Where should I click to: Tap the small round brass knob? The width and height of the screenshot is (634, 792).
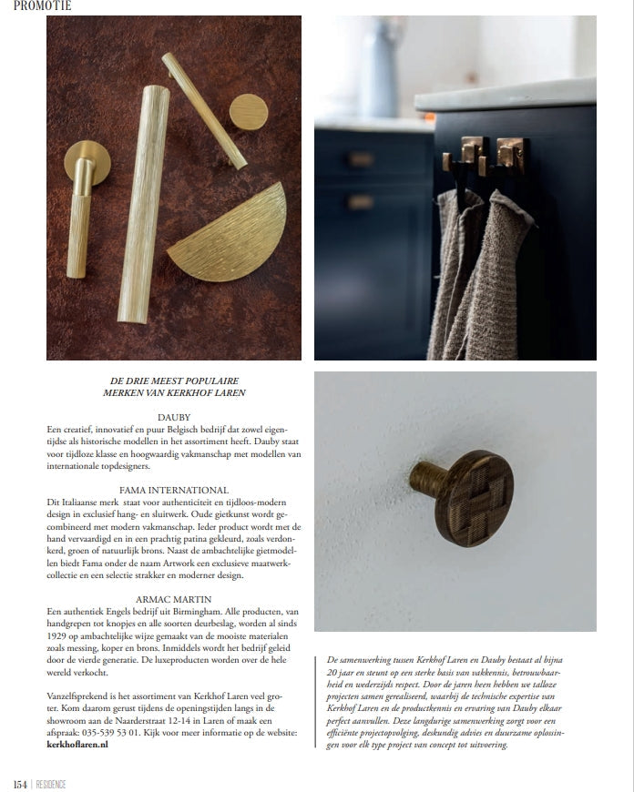[248, 113]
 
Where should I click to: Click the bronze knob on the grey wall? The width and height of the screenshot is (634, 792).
[462, 495]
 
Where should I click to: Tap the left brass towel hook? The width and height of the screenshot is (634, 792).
[471, 155]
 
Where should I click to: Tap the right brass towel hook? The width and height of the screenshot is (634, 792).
[508, 155]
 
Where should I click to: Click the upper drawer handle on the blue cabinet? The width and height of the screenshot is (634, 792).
[361, 158]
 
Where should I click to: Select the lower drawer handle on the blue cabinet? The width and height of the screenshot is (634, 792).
[360, 201]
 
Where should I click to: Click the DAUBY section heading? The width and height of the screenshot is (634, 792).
[174, 417]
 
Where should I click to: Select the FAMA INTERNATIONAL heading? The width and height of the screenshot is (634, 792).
[174, 490]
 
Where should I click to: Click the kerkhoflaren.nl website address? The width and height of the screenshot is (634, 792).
[77, 744]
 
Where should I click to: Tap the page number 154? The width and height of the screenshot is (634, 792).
[19, 784]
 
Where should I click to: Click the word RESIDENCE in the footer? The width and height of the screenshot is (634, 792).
[51, 784]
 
